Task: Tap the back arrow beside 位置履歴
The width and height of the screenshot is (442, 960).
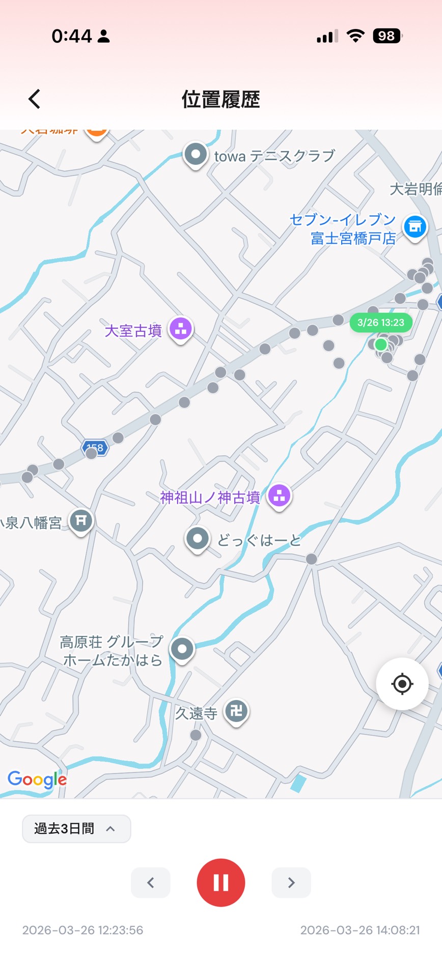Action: coord(34,99)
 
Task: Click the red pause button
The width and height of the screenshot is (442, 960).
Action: coord(220,882)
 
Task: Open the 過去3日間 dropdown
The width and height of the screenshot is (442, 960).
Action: coord(76,829)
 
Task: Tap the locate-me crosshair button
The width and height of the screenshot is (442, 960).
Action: coord(402,684)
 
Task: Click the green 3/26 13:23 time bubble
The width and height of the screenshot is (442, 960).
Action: coord(380,323)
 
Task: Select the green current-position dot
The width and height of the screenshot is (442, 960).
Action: coord(381,344)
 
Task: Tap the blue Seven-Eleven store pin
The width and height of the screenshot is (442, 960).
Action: coord(415,226)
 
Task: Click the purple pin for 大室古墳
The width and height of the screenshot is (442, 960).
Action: coord(181,329)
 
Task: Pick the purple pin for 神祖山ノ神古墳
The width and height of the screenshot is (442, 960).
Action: coord(279,495)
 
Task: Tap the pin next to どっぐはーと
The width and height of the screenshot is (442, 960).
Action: coord(198,538)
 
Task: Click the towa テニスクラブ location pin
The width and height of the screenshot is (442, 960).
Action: coord(196,154)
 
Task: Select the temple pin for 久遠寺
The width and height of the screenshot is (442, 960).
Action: coord(236,711)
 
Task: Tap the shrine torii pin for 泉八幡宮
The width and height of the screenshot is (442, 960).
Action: coord(81,520)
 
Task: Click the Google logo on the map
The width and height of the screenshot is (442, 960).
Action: coord(37,779)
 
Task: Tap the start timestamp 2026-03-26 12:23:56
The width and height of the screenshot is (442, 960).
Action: coord(82,930)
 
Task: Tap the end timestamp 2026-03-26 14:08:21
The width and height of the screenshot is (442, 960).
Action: coord(360,930)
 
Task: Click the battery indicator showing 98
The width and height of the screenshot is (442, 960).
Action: coord(387,36)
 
